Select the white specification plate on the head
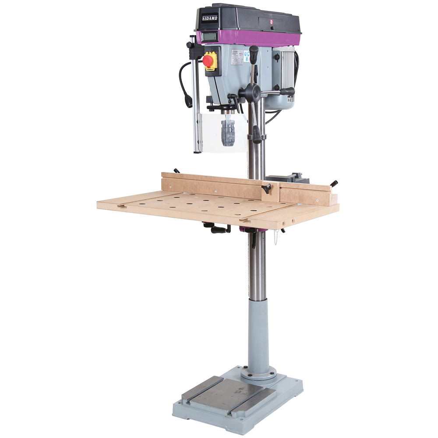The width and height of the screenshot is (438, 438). point(237,57)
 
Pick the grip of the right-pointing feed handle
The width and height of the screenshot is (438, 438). point(287,91)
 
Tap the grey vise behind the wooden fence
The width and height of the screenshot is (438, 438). point(289,177)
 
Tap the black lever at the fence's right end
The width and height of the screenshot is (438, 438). point(334,183)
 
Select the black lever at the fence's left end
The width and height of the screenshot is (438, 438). point(177,171)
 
